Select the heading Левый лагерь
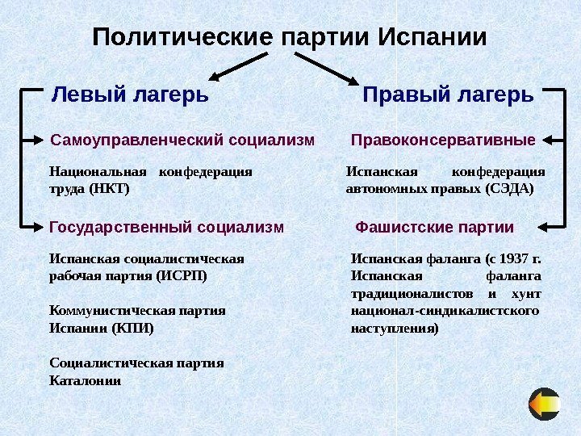point(130,94)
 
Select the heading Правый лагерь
point(449,94)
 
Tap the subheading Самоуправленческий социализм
point(182,140)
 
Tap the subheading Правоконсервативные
point(444,140)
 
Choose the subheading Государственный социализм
point(167,227)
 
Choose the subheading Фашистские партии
point(435,227)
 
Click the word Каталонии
point(86,379)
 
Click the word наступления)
point(395,329)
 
